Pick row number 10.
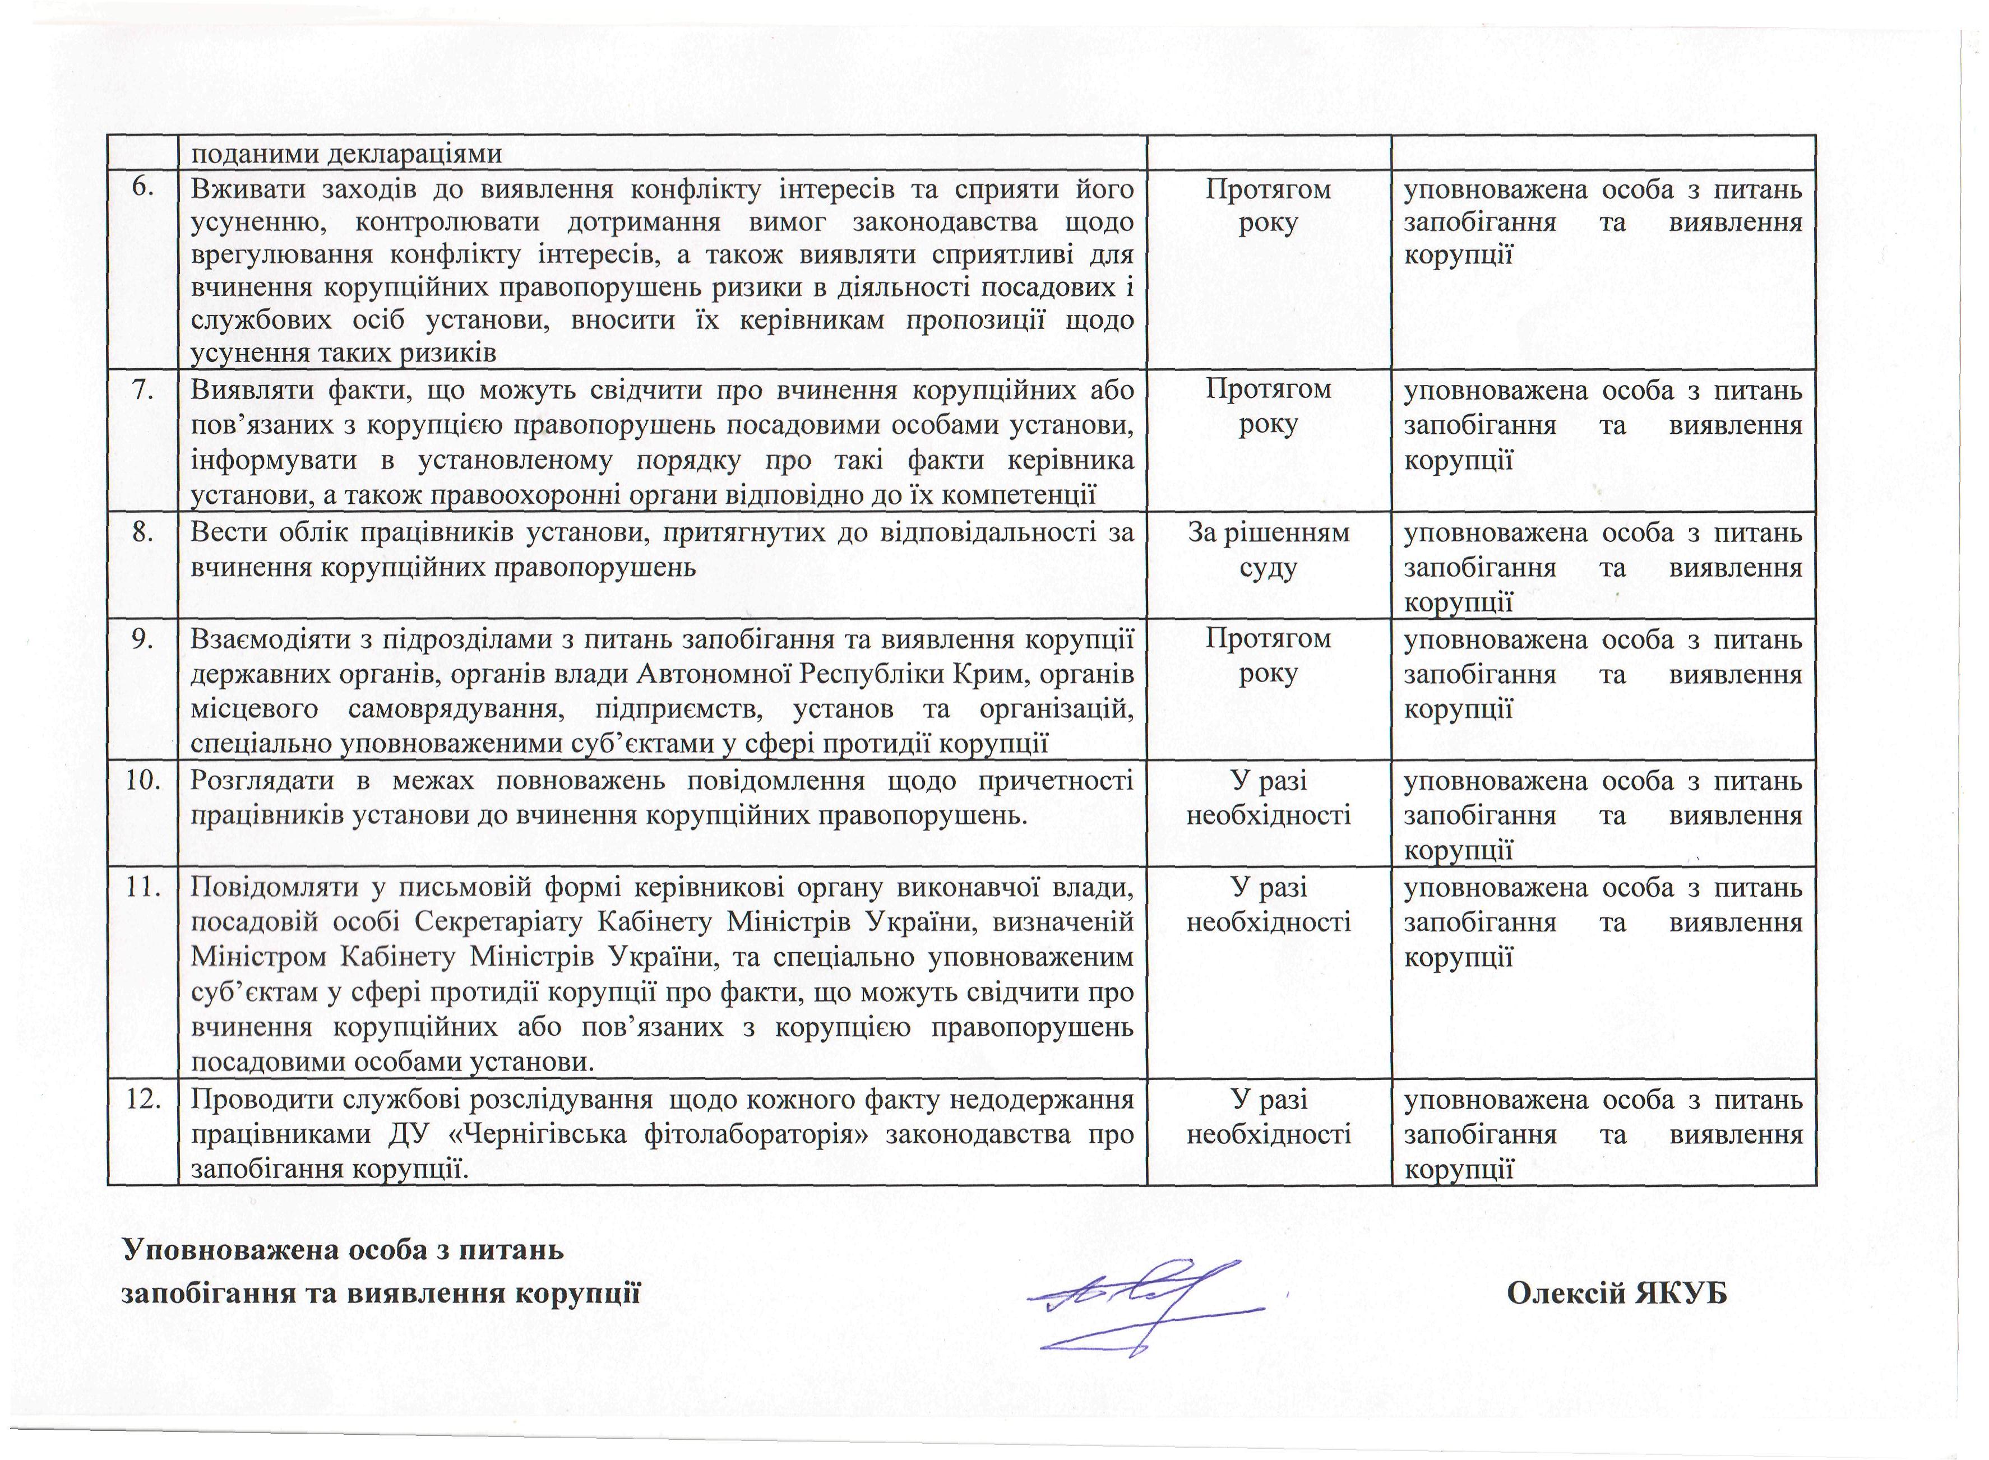[141, 780]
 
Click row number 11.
[141, 887]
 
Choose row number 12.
[141, 1100]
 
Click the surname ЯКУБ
[1680, 1293]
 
